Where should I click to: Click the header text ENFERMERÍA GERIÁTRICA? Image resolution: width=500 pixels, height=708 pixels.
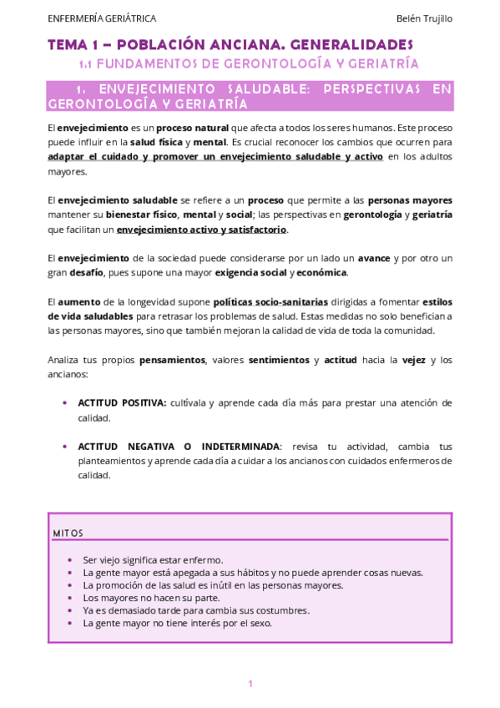point(102,18)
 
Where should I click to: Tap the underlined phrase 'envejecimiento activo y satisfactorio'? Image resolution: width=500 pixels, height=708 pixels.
point(201,229)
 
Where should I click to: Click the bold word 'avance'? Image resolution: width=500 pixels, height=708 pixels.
point(374,258)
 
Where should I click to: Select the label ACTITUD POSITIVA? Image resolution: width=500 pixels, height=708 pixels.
point(122,402)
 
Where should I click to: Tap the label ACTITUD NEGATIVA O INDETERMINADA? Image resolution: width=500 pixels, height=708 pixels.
point(179,446)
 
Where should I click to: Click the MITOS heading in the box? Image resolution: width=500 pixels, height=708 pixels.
point(68,533)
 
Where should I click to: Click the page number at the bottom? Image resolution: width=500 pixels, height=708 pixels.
point(250,684)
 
